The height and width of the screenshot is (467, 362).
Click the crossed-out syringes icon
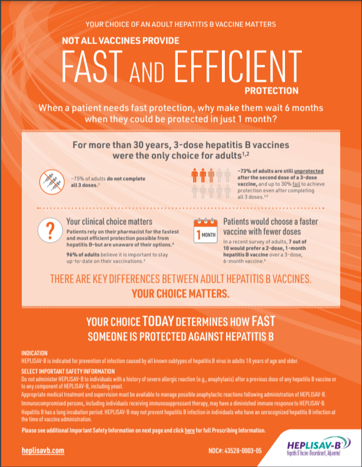pos(52,182)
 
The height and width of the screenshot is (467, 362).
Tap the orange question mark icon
pos(50,230)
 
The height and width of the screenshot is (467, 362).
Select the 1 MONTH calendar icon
pos(205,231)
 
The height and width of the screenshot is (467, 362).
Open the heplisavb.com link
pos(43,451)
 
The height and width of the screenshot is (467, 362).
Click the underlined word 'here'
pos(190,430)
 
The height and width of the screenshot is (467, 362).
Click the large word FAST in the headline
pos(92,67)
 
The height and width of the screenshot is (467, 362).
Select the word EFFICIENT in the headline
pos(238,67)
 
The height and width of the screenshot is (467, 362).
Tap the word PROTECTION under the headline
pos(271,91)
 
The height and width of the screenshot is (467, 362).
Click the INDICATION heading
pos(34,353)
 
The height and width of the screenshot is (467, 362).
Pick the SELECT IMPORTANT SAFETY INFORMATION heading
pos(68,372)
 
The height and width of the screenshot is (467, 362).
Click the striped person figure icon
pos(211,175)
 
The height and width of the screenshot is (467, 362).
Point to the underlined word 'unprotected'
pos(308,171)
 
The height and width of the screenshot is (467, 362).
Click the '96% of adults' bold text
pos(83,254)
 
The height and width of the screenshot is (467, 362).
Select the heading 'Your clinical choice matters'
pos(109,221)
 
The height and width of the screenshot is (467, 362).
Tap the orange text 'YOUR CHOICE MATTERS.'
pos(181,294)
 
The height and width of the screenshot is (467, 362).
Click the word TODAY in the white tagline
pos(158,321)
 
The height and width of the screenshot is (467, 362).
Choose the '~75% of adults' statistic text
pos(88,178)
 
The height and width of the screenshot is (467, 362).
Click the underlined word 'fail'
pos(296,184)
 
